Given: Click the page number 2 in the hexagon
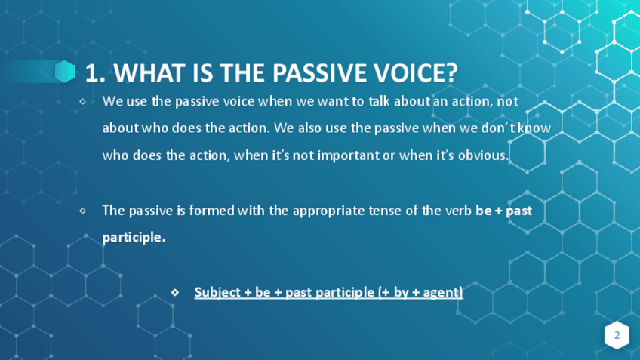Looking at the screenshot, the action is [x=617, y=335].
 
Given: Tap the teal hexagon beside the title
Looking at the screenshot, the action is [x=65, y=72].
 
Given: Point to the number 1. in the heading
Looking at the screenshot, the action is [x=96, y=73].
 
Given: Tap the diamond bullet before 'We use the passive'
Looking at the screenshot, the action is [x=83, y=101].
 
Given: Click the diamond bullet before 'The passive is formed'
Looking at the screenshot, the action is [x=83, y=211].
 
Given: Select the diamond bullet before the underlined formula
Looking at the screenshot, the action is [x=175, y=292].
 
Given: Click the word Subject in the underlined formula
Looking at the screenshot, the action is [x=217, y=293].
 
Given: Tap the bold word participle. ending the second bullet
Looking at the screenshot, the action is [x=134, y=238].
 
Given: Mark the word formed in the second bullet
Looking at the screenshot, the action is [x=212, y=211].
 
